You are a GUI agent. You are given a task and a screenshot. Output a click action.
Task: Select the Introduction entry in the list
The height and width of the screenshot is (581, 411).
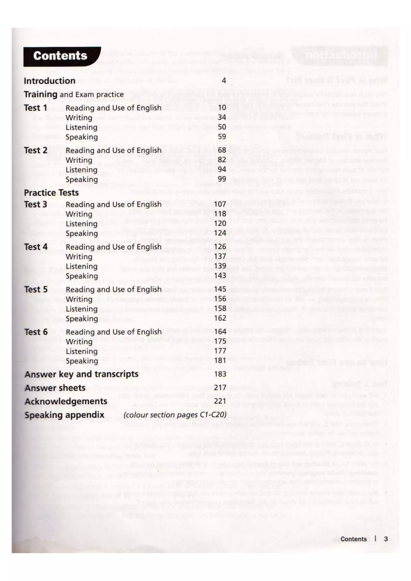(x=49, y=81)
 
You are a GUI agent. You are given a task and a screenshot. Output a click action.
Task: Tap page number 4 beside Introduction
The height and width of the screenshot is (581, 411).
(x=224, y=80)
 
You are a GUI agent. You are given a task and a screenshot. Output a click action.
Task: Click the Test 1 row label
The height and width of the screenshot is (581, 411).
(x=36, y=108)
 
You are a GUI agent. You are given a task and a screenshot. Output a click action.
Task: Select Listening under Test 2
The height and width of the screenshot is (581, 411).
(x=81, y=170)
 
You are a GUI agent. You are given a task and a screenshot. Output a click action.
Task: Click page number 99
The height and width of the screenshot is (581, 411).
(x=222, y=179)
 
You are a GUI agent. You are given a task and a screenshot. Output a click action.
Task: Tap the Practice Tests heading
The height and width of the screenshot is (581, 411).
(x=51, y=193)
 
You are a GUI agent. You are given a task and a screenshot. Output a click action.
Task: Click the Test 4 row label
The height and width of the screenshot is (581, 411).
(x=36, y=247)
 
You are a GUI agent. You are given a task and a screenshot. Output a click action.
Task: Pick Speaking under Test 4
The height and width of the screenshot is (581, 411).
(x=81, y=276)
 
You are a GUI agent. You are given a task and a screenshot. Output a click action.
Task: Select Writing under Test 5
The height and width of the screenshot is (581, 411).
(x=79, y=299)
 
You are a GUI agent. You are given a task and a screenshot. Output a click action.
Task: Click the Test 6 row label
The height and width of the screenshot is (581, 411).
(x=36, y=332)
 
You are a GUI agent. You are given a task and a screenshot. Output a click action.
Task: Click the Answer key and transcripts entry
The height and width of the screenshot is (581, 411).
(x=81, y=374)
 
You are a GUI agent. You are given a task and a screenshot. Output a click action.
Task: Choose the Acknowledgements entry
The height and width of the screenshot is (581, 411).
(x=66, y=401)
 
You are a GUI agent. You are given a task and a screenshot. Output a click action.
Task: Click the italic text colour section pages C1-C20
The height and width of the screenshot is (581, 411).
(x=175, y=415)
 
